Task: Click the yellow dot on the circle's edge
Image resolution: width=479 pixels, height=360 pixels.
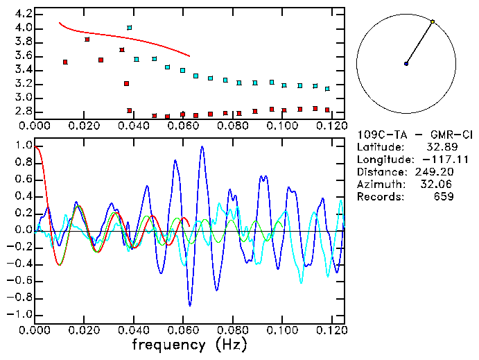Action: pos(433,22)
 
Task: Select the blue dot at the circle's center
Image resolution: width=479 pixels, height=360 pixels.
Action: pos(406,64)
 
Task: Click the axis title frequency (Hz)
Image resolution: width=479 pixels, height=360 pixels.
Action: pos(189,345)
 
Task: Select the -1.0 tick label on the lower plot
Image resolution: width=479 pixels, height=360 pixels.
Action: pos(20,314)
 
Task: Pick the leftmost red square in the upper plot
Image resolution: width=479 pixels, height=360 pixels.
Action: pos(64,62)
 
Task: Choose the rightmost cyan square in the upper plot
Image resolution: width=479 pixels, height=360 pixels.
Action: pos(327,89)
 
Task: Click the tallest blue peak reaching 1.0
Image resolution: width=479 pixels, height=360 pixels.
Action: pos(202,147)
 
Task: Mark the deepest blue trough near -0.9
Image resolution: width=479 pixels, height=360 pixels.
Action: pos(190,304)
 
